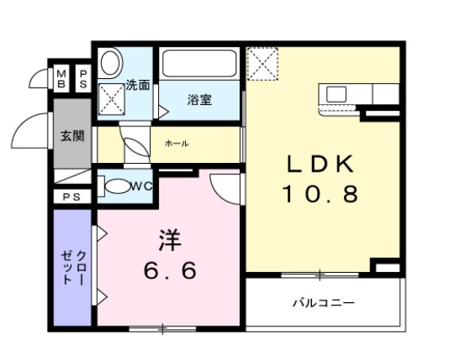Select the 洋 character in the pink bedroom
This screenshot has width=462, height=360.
pyautogui.click(x=169, y=241)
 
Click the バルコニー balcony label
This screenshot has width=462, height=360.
pyautogui.click(x=323, y=303)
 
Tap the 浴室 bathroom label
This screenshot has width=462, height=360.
pyautogui.click(x=200, y=100)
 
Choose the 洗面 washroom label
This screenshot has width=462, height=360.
pyautogui.click(x=138, y=84)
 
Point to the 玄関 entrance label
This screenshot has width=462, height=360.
pyautogui.click(x=72, y=136)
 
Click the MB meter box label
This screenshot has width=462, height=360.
pyautogui.click(x=62, y=79)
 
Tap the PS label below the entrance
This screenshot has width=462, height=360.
pyautogui.click(x=70, y=197)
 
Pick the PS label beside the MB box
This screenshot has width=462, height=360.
pyautogui.click(x=82, y=79)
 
